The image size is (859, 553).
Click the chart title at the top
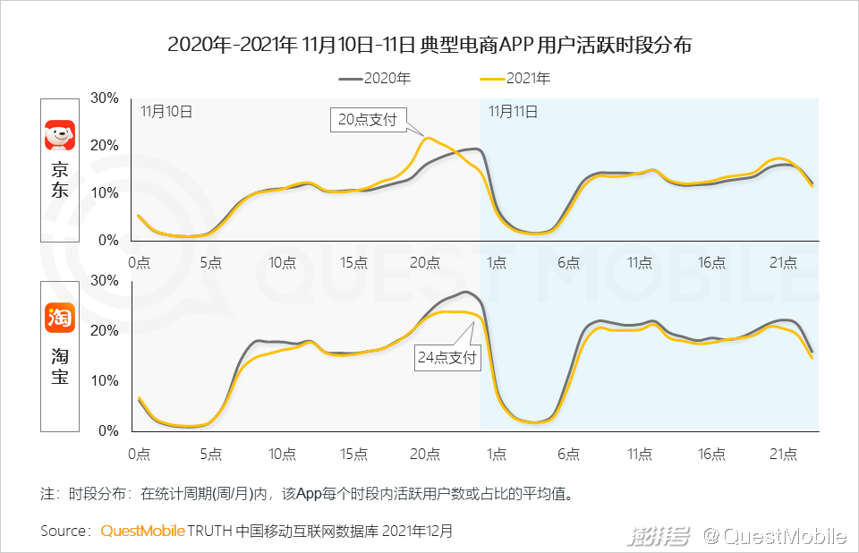click(x=429, y=46)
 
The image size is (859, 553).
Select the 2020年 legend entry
click(x=376, y=79)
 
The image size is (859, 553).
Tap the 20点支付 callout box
click(x=368, y=120)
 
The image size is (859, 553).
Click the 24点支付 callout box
click(x=447, y=359)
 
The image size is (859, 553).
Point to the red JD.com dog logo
click(x=60, y=135)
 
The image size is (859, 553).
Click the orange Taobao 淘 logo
click(x=60, y=317)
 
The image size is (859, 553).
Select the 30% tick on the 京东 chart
click(x=106, y=98)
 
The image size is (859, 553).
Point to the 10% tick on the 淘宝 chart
click(x=106, y=380)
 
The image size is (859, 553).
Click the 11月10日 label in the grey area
click(x=166, y=112)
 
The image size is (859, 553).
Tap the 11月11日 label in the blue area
click(x=513, y=112)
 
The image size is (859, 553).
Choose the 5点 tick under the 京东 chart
click(x=210, y=262)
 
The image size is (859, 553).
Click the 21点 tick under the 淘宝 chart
click(x=783, y=454)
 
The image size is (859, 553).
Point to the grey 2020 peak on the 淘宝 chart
click(x=465, y=292)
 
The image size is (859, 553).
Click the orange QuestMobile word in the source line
click(x=142, y=531)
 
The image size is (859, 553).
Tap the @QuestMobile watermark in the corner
click(x=773, y=536)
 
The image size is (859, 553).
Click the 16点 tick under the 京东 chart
click(x=711, y=262)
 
